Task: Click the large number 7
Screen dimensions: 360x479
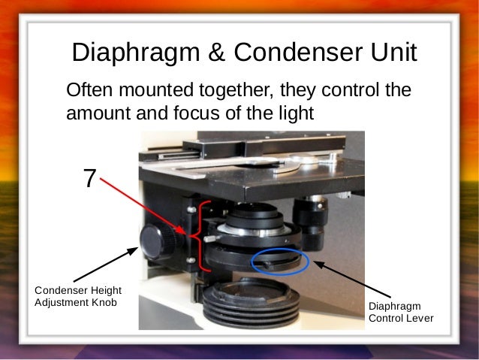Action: tap(89, 179)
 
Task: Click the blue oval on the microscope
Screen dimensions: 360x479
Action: tap(281, 261)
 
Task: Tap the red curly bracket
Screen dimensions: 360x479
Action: tap(197, 237)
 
